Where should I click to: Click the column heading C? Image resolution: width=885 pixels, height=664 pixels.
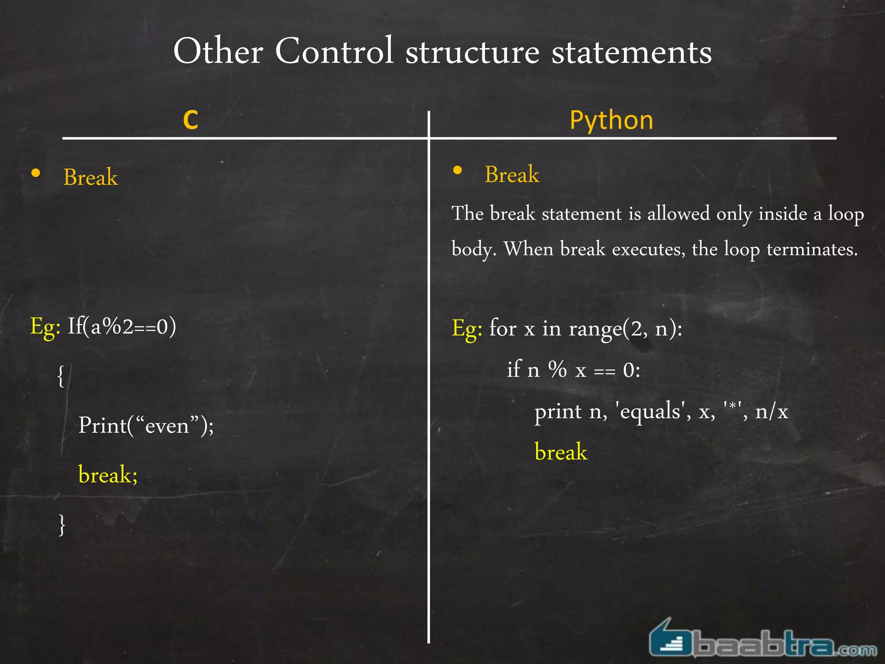pyautogui.click(x=191, y=120)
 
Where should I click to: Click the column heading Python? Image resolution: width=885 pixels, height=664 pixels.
pyautogui.click(x=611, y=120)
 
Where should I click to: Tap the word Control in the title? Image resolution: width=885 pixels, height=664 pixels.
pyautogui.click(x=334, y=51)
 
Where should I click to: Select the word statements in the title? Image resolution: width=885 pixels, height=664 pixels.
pyautogui.click(x=631, y=52)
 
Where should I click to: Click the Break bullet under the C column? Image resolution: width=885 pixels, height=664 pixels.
pyautogui.click(x=90, y=177)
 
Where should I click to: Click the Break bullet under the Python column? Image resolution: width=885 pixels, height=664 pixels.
pyautogui.click(x=512, y=174)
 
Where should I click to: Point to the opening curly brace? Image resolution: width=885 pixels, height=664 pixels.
pyautogui.click(x=61, y=376)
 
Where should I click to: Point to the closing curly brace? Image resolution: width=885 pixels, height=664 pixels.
pyautogui.click(x=62, y=524)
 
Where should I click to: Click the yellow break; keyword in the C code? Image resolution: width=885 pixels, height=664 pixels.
pyautogui.click(x=108, y=475)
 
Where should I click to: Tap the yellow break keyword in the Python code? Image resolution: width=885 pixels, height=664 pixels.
pyautogui.click(x=561, y=452)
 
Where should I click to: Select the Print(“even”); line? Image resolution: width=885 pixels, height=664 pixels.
pyautogui.click(x=146, y=425)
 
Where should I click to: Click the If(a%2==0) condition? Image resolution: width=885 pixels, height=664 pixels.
pyautogui.click(x=122, y=326)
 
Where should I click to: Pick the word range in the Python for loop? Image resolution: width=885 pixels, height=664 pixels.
pyautogui.click(x=595, y=329)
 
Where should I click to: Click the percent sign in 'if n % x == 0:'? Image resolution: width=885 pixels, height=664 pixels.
pyautogui.click(x=557, y=370)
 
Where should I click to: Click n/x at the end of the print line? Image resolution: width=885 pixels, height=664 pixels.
pyautogui.click(x=771, y=411)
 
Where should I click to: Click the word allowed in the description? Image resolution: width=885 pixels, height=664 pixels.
pyautogui.click(x=678, y=214)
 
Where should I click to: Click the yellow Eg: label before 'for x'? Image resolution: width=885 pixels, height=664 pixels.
pyautogui.click(x=467, y=329)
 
